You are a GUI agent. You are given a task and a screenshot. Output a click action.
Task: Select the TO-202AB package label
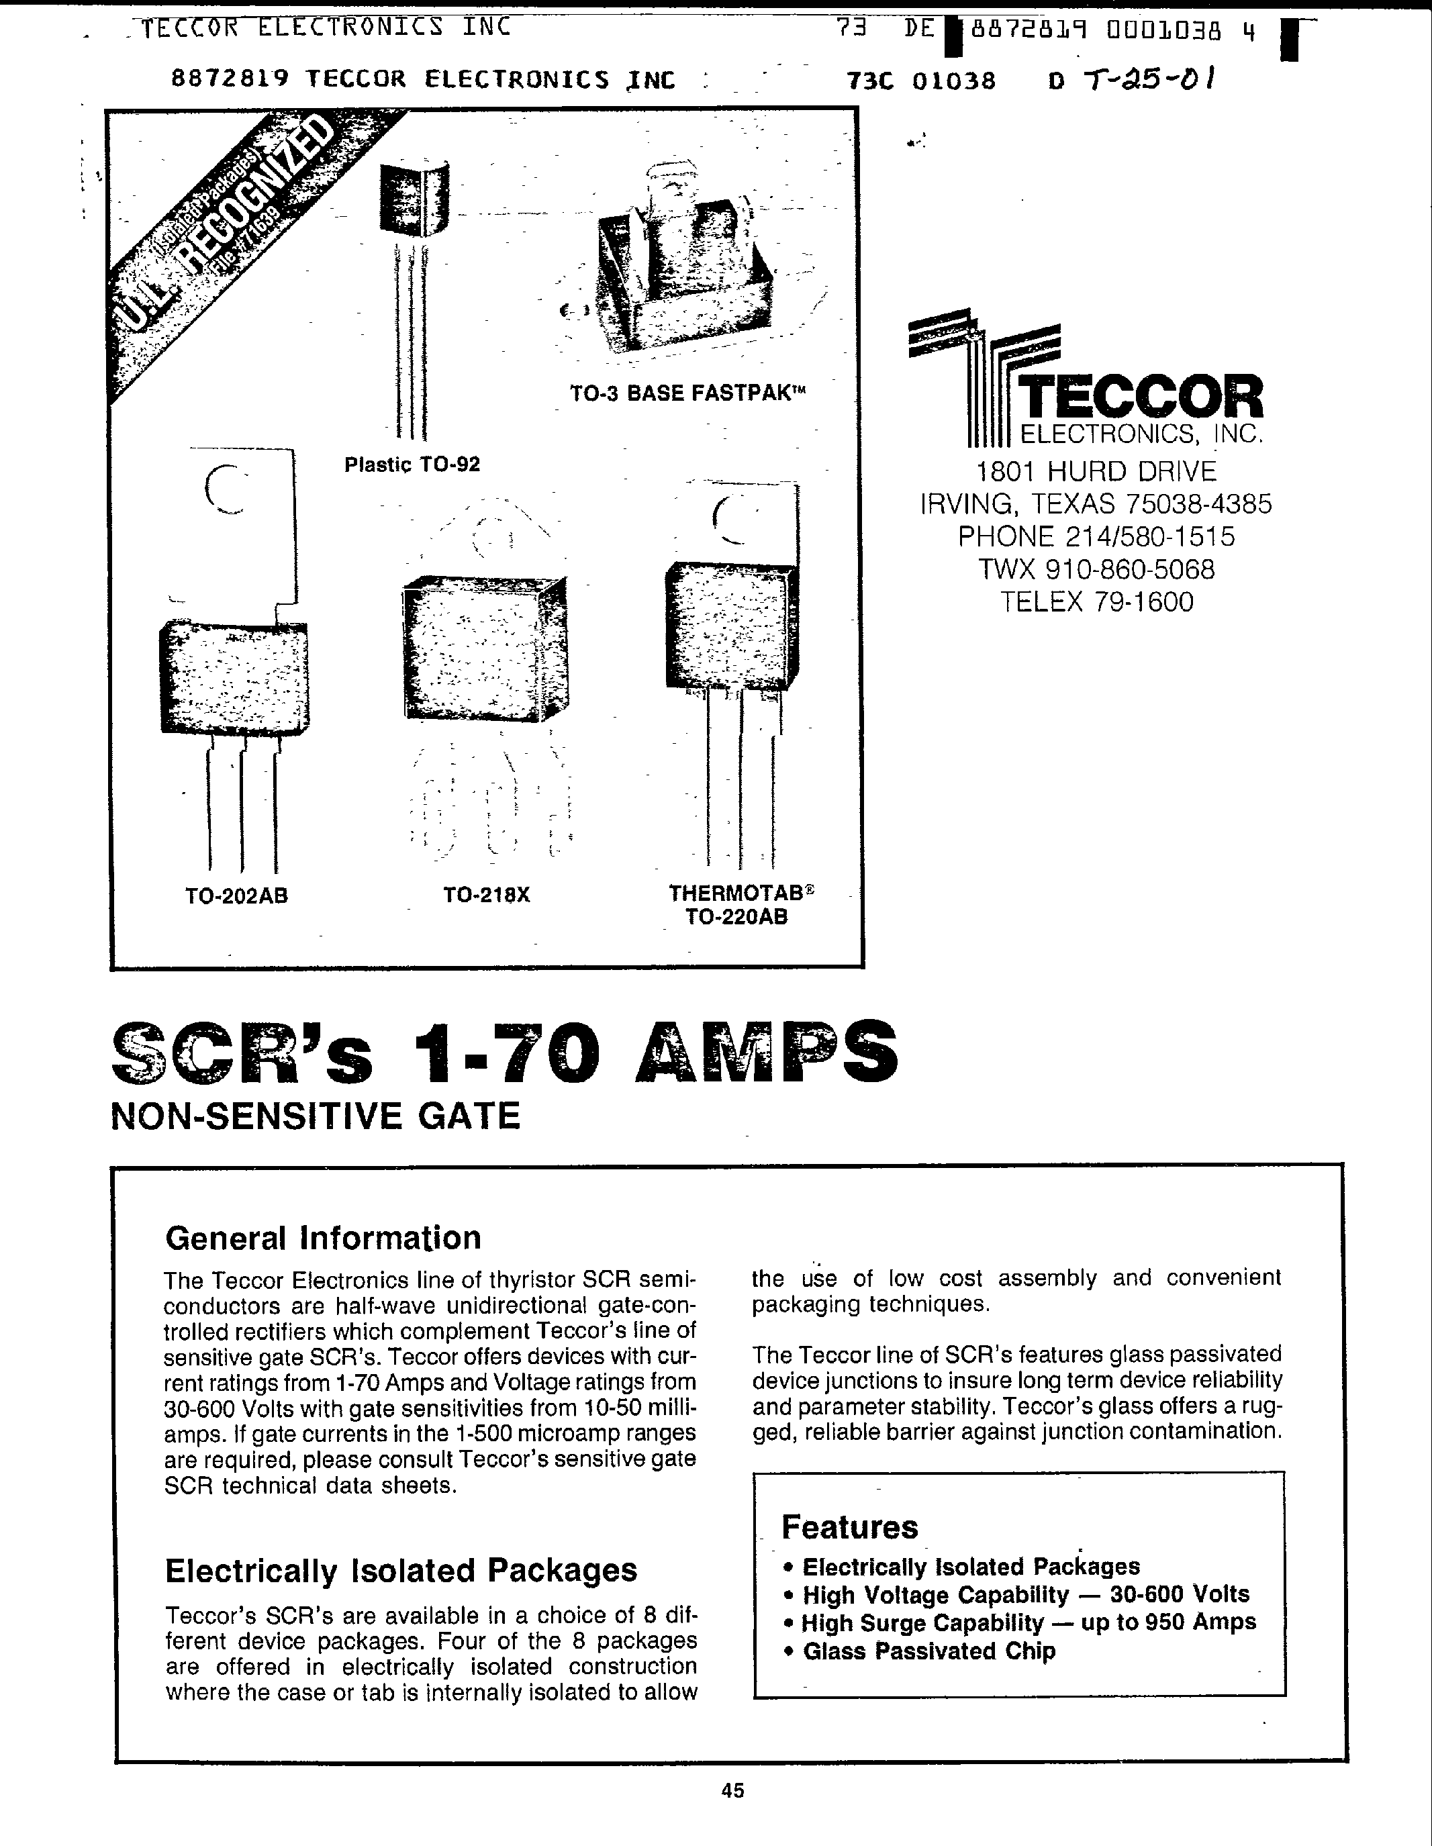(x=237, y=896)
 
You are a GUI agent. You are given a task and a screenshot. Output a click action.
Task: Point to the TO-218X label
(x=486, y=894)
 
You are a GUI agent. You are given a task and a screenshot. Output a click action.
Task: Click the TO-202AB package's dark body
(x=234, y=675)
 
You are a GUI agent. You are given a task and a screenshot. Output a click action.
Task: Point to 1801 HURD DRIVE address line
(x=1096, y=471)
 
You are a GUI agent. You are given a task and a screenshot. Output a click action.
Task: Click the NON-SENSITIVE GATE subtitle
(x=316, y=1116)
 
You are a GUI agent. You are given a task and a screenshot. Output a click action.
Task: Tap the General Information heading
(x=323, y=1238)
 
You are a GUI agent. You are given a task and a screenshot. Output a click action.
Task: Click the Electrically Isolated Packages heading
(x=401, y=1571)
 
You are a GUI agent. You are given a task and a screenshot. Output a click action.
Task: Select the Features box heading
(x=849, y=1527)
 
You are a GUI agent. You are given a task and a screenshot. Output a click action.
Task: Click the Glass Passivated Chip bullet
(x=928, y=1651)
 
